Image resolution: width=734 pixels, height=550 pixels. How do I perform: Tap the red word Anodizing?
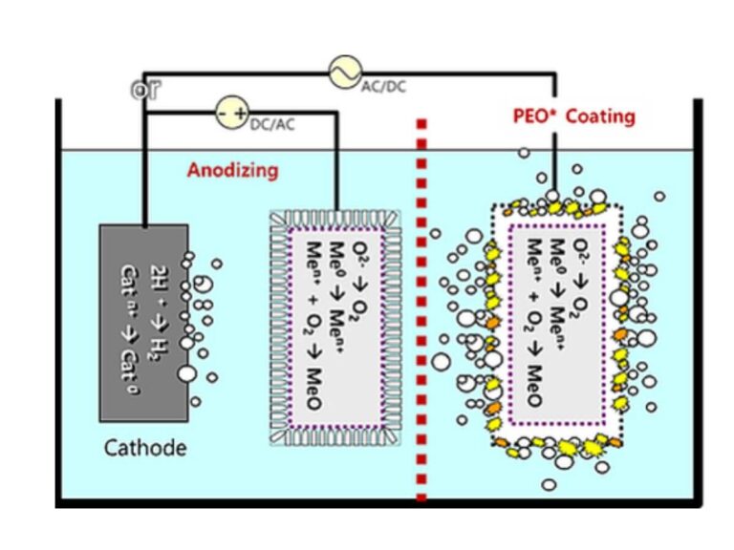(x=232, y=171)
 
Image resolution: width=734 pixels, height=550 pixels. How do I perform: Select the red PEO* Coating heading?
(x=573, y=116)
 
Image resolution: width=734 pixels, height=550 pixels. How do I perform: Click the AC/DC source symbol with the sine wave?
(x=344, y=72)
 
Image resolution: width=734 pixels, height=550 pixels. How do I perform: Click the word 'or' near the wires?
(x=145, y=91)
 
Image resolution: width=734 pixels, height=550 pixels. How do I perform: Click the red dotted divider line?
(x=421, y=306)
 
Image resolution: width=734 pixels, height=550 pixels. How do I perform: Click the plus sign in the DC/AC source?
(x=240, y=113)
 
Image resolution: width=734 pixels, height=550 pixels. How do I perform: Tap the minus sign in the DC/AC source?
(x=222, y=113)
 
